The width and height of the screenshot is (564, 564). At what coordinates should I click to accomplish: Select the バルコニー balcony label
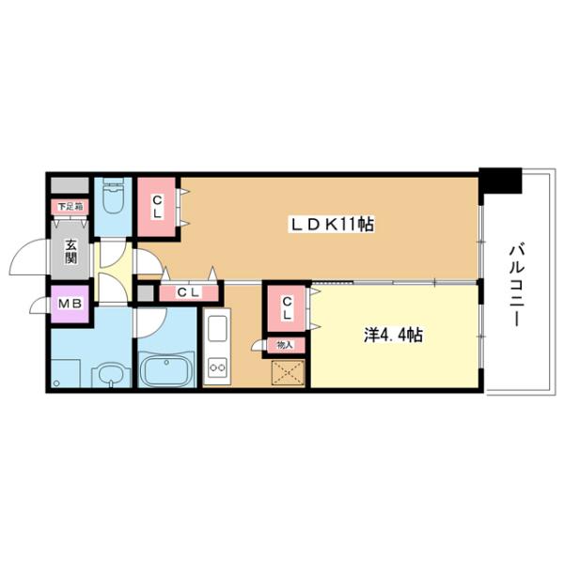(x=516, y=282)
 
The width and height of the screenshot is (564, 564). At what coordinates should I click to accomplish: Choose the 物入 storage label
(x=285, y=346)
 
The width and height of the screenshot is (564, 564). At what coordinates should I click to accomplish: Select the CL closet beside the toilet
(x=157, y=205)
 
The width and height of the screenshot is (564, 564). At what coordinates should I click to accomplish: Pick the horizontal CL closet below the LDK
(x=190, y=293)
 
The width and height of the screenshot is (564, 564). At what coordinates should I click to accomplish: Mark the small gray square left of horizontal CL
(x=144, y=293)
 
